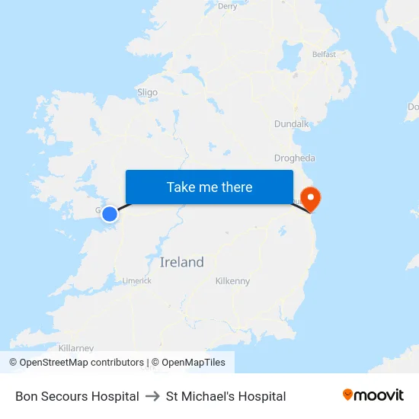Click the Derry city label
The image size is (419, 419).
pos(227,6)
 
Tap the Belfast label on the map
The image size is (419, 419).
pos(324,55)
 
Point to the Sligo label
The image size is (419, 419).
pos(147,92)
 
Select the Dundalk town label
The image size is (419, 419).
pos(291,123)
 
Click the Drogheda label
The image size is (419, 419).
pos(294,158)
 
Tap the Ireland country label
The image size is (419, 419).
pos(182,262)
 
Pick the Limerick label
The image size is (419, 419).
pos(137,280)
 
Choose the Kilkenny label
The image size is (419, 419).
pos(232,281)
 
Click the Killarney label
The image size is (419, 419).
pos(75,347)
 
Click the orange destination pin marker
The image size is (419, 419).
pos(311,198)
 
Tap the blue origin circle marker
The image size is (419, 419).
pos(110,214)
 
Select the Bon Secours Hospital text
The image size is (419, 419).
pos(77,396)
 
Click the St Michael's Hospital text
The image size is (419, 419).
pos(225,396)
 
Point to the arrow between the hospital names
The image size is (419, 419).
pos(152,396)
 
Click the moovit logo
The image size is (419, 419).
pos(373,395)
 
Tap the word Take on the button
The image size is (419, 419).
pos(181,187)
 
